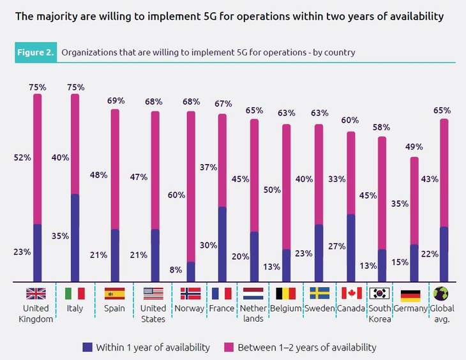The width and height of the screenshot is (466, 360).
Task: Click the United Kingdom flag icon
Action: [36, 294]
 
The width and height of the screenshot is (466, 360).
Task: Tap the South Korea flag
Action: [380, 294]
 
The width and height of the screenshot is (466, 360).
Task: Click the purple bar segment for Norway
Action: [190, 271]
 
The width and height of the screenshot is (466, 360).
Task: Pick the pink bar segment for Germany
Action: [414, 201]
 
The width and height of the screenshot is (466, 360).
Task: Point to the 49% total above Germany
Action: [414, 147]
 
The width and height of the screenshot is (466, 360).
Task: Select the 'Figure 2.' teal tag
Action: [35, 52]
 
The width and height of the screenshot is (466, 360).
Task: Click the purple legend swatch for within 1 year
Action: [87, 347]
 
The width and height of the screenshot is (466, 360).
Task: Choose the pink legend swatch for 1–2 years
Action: [229, 347]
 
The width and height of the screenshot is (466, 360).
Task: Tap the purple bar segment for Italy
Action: [75, 237]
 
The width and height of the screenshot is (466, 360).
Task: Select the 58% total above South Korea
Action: [381, 127]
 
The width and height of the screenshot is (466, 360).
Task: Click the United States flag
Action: [153, 294]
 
